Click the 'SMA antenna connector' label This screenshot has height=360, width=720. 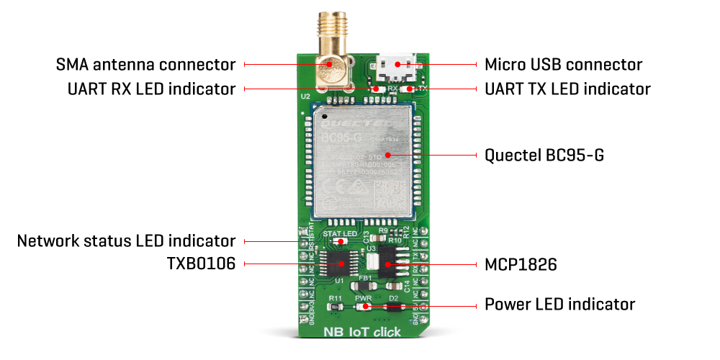point(146,64)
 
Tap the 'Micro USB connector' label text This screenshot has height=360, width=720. point(563,64)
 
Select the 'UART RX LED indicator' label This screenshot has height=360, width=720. point(146,89)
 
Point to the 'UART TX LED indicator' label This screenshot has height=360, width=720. point(567,89)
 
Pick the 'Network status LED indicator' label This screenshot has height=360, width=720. point(127,240)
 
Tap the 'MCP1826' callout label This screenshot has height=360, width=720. point(521,264)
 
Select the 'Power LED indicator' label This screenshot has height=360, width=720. point(560,304)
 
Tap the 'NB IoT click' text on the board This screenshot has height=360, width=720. point(361,333)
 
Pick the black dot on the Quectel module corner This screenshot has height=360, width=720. point(325,114)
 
